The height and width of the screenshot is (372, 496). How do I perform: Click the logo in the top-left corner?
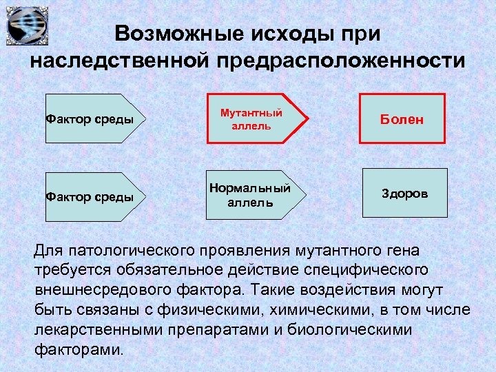(x=27, y=25)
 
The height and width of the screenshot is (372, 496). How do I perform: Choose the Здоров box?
(x=404, y=194)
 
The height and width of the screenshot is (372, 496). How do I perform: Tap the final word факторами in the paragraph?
(x=79, y=349)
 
